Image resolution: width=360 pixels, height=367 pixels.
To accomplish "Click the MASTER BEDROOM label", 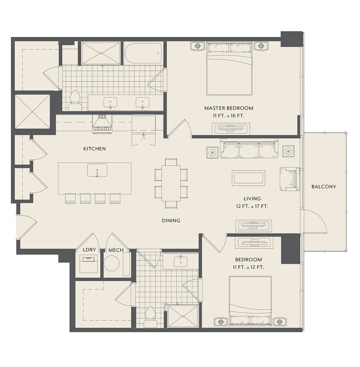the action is pyautogui.click(x=229, y=108).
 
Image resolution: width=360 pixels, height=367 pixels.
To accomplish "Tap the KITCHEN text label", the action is pyautogui.click(x=94, y=149).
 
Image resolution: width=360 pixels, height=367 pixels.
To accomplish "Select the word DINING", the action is pyautogui.click(x=171, y=220).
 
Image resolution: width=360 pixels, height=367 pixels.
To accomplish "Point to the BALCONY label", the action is pyautogui.click(x=324, y=187).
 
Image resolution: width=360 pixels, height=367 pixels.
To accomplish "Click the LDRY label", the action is pyautogui.click(x=90, y=250).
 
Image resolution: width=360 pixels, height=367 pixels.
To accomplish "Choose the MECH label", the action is pyautogui.click(x=116, y=250).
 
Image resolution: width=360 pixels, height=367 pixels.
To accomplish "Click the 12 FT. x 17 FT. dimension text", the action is pyautogui.click(x=252, y=207).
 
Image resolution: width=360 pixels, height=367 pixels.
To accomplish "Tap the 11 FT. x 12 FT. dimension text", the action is pyautogui.click(x=248, y=267).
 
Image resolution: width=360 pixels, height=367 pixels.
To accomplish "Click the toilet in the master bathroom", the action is pyautogui.click(x=75, y=100).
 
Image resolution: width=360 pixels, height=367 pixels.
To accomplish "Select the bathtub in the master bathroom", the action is pyautogui.click(x=143, y=53).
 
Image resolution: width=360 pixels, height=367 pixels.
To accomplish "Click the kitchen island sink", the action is pyautogui.click(x=97, y=170).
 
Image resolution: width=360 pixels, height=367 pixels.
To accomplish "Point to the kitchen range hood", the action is pyautogui.click(x=102, y=124).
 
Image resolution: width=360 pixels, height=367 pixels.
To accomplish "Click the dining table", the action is pyautogui.click(x=171, y=183).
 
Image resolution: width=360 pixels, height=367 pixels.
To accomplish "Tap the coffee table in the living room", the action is pyautogui.click(x=249, y=178).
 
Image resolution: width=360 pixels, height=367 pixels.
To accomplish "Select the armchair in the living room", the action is pyautogui.click(x=290, y=179).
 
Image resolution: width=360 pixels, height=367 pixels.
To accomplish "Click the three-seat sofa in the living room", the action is pyautogui.click(x=249, y=149).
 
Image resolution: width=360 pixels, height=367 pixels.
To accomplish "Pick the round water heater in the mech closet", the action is pyautogui.click(x=112, y=264).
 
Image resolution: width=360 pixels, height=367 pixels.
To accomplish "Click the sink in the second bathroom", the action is pyautogui.click(x=181, y=261).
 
